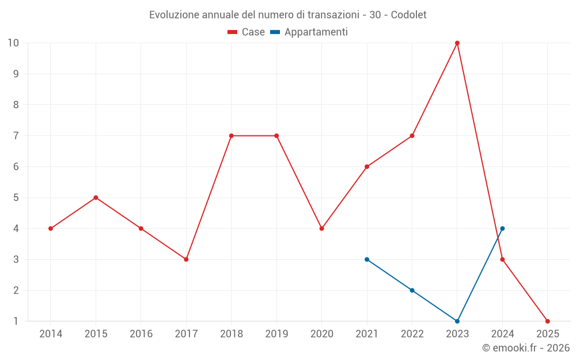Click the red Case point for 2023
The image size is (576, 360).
click(457, 43)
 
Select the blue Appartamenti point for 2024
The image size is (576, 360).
click(502, 229)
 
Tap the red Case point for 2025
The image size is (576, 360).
click(548, 321)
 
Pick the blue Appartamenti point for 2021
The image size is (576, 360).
click(367, 259)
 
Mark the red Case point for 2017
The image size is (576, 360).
click(186, 259)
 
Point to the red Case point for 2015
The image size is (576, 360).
click(96, 198)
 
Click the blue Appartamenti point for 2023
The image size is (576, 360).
click(457, 321)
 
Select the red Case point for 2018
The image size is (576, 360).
click(231, 136)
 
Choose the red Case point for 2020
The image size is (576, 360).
click(321, 229)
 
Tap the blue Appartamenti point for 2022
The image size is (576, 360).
click(412, 290)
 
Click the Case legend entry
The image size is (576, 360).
click(246, 32)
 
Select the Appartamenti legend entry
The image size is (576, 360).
click(309, 32)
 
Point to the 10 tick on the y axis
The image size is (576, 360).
click(13, 43)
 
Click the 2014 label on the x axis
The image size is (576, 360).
click(51, 334)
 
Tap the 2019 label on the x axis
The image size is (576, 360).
click(276, 334)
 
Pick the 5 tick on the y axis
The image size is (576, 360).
click(16, 198)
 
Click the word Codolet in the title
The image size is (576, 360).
click(408, 15)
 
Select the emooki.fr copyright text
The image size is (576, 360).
click(525, 348)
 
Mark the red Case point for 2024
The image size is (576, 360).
click(502, 259)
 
